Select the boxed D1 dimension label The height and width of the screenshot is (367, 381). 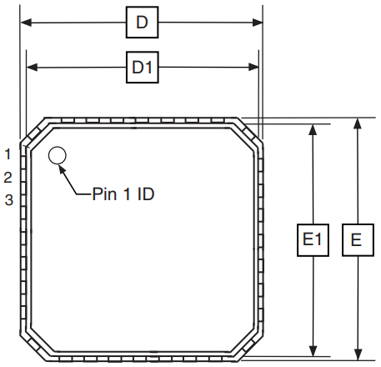(142, 68)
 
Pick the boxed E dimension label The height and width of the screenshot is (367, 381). (357, 241)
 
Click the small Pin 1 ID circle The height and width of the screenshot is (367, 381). (58, 155)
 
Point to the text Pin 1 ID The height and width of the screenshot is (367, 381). (123, 194)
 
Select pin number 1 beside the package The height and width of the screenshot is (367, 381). (8, 153)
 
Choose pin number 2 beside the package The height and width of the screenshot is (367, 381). (8, 177)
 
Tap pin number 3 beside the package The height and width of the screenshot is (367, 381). (8, 199)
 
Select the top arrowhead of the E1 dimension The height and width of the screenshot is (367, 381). (313, 129)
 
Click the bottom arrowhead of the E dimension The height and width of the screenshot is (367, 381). (357, 357)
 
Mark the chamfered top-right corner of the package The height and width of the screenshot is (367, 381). (253, 129)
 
